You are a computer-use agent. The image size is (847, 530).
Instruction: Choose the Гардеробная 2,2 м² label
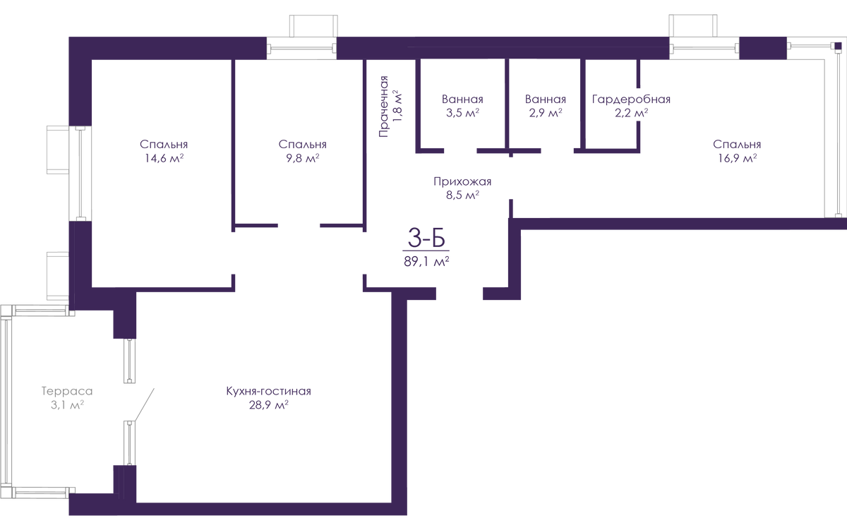pyautogui.click(x=630, y=100)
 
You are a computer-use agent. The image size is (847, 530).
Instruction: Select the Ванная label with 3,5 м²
pyautogui.click(x=462, y=100)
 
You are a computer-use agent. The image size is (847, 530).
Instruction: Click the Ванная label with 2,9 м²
pyautogui.click(x=546, y=100)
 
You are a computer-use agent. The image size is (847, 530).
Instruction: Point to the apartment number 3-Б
pyautogui.click(x=426, y=239)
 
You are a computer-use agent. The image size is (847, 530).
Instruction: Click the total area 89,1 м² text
pyautogui.click(x=426, y=261)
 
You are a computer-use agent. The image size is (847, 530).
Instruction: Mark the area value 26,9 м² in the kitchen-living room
pyautogui.click(x=268, y=406)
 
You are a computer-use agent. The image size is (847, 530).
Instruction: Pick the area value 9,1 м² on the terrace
pyautogui.click(x=66, y=405)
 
